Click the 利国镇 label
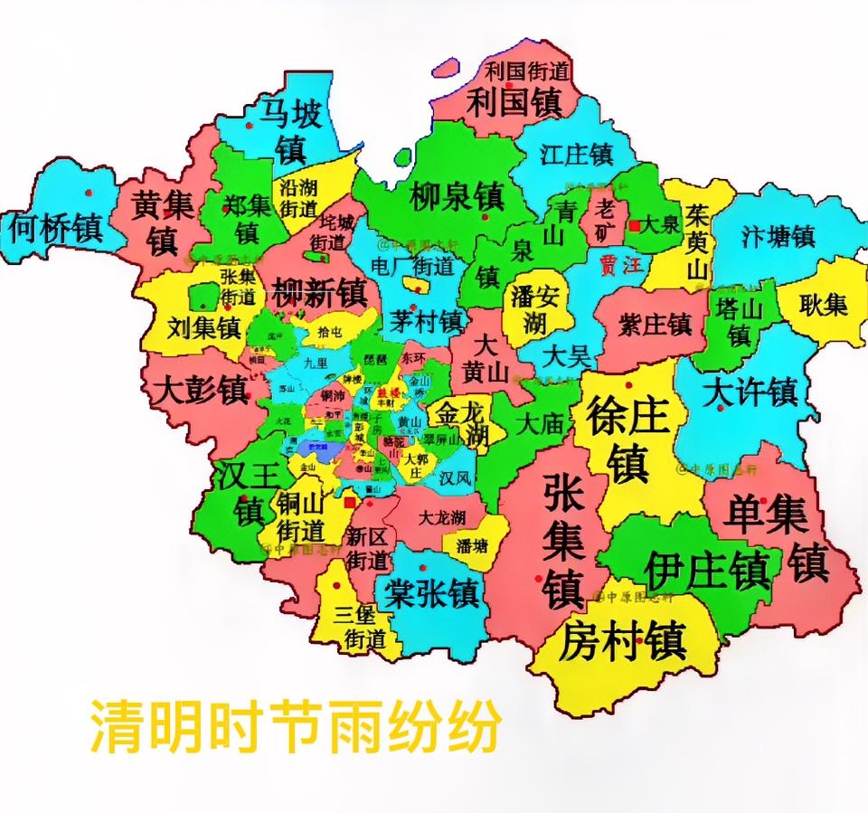(514, 101)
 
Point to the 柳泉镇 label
(457, 195)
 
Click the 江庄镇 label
(577, 154)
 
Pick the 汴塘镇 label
(778, 237)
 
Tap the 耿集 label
(823, 305)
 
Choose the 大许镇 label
(753, 392)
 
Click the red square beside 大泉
(636, 225)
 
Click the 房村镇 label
(622, 641)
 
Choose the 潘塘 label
(471, 545)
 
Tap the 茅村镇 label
(428, 320)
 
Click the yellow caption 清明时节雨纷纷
(294, 724)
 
